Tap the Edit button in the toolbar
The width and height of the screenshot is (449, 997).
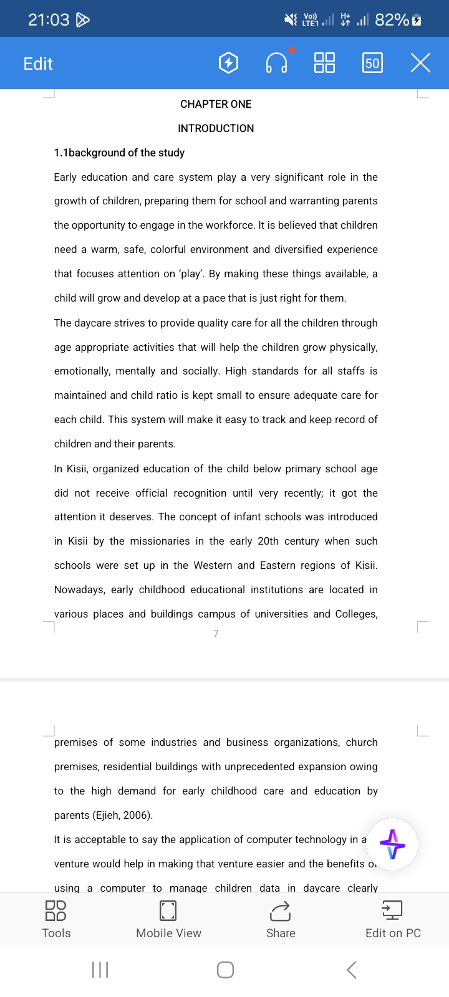38,64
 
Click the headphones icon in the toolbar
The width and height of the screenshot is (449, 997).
276,63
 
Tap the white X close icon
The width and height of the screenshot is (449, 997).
420,63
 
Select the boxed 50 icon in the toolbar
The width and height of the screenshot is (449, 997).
372,63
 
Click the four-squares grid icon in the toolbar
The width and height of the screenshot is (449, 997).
324,63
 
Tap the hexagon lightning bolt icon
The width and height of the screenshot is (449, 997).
229,63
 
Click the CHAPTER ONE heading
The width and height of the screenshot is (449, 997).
216,104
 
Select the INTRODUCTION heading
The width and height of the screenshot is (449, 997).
216,128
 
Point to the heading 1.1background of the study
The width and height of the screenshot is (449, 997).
119,153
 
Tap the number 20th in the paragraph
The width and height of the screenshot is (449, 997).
268,541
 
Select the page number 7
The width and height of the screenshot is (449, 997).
216,633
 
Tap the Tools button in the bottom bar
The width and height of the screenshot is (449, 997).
56,919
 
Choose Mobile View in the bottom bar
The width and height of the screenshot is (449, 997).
168,919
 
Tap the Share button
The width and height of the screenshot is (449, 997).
281,919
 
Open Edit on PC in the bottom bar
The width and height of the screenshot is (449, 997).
393,919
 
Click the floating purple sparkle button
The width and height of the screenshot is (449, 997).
392,844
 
